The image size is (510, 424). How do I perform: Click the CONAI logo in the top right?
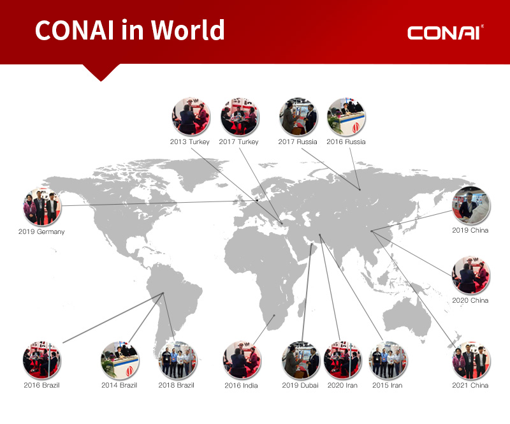(x=445, y=33)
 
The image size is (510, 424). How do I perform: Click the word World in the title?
(x=187, y=29)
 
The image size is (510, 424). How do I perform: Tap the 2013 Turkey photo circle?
(x=191, y=116)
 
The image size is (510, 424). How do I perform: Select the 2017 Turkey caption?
(x=238, y=142)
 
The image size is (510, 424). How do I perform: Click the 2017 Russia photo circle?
(x=298, y=116)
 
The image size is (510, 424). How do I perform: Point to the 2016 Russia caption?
(x=346, y=142)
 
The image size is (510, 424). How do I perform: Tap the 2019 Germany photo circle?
(x=42, y=207)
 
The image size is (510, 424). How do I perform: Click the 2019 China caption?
(x=470, y=230)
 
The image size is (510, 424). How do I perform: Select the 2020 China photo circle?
(x=470, y=275)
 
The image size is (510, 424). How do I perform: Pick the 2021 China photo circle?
(x=471, y=360)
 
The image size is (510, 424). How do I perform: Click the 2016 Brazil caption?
(x=41, y=385)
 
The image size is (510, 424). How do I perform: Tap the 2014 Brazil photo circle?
(x=120, y=360)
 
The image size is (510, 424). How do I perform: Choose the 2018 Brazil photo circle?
(x=178, y=360)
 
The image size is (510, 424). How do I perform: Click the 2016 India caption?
(x=241, y=386)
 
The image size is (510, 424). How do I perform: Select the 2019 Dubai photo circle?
(x=300, y=360)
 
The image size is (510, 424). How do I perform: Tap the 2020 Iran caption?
(x=342, y=385)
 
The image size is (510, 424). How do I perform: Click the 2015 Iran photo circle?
(x=388, y=360)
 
